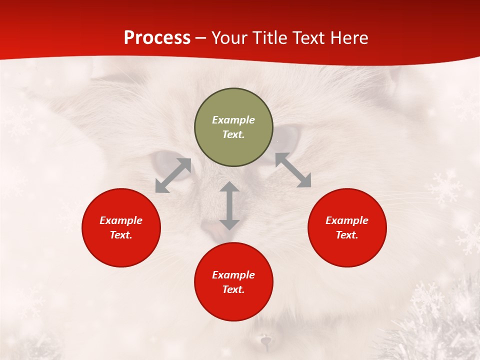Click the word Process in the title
[x=157, y=38]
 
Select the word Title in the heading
[x=273, y=38]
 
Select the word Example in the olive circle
[x=233, y=120]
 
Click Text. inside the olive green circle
[x=233, y=134]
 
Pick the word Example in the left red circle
[x=121, y=220]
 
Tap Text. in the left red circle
[x=121, y=235]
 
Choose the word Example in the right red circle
[x=347, y=220]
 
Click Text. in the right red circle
[x=347, y=235]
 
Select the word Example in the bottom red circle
[x=233, y=275]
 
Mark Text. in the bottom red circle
[x=233, y=289]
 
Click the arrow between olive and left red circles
[x=173, y=175]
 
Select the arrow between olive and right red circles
[x=293, y=170]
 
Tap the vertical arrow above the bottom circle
[x=229, y=206]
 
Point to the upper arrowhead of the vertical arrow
[x=229, y=187]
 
